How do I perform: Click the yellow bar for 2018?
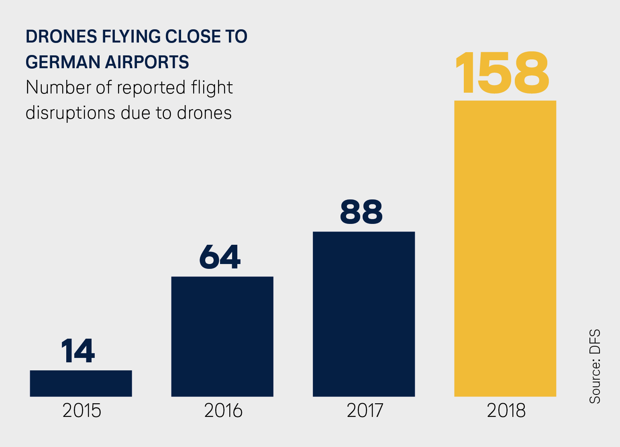pos(505,248)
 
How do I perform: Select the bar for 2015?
pos(81,383)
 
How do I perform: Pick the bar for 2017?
pos(363,314)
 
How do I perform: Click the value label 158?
pos(502,73)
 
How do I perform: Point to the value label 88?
pos(361,212)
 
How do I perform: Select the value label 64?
pos(220,257)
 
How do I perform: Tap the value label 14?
pos(78,351)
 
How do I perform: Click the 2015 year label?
pos(82,410)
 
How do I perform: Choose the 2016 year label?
pos(223,410)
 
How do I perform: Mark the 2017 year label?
pos(365,410)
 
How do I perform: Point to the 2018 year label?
pos(506,410)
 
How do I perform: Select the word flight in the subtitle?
pos(212,88)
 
